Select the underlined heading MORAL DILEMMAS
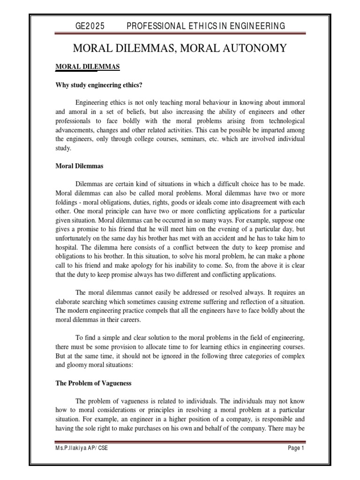tap(88, 67)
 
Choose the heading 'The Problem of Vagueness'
tap(93, 383)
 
